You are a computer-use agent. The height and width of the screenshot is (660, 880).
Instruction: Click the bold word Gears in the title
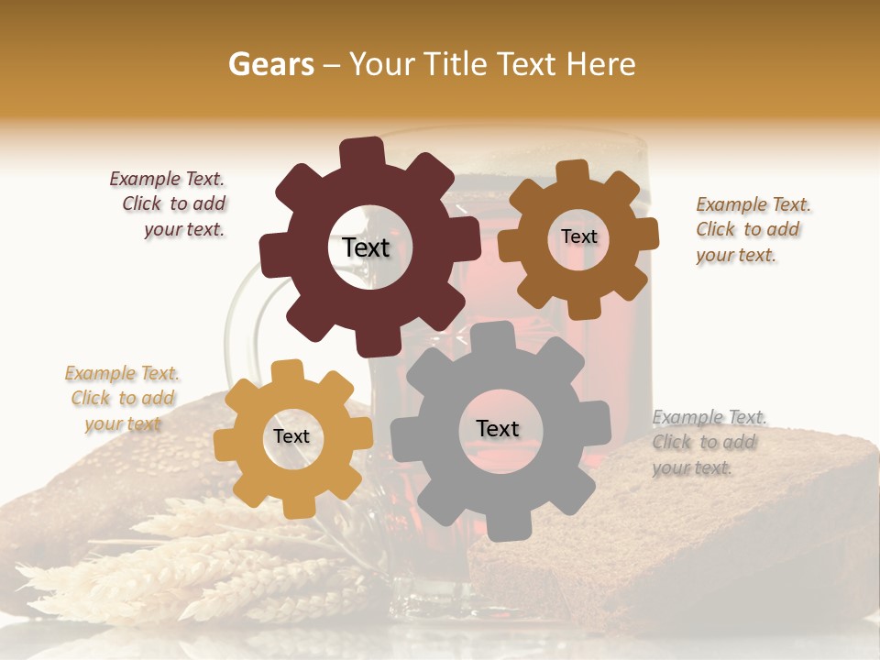click(x=270, y=64)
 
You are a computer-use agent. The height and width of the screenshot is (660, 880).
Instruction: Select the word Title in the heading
click(x=453, y=64)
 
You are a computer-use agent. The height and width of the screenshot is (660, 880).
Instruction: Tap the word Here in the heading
click(x=601, y=64)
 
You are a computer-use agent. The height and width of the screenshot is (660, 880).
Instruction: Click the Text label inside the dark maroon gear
click(x=366, y=247)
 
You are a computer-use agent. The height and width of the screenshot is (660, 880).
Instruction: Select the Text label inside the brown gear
click(x=578, y=236)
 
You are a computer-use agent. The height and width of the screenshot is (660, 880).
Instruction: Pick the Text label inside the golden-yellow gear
click(x=291, y=437)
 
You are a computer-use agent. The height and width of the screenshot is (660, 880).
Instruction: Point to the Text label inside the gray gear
click(x=498, y=429)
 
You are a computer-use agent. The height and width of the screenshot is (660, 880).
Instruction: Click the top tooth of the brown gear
click(x=573, y=171)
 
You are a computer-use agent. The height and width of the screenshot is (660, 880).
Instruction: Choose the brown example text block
click(x=752, y=230)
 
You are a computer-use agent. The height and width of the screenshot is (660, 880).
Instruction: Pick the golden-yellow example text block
click(x=122, y=398)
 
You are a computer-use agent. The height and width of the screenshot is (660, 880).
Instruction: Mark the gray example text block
click(x=709, y=443)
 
